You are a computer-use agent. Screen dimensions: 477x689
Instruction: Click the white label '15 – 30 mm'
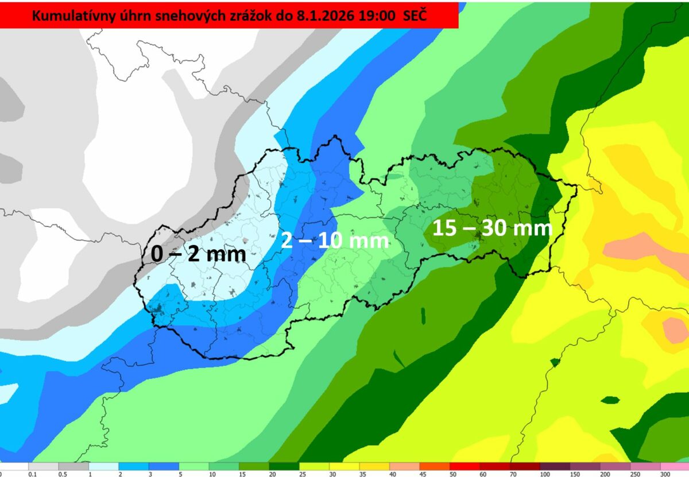click(x=492, y=228)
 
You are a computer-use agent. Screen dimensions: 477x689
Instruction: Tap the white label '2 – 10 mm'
click(x=335, y=240)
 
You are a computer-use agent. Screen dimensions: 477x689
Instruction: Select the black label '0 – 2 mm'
click(x=199, y=253)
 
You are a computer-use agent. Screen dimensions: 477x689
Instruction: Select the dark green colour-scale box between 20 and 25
click(x=284, y=467)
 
